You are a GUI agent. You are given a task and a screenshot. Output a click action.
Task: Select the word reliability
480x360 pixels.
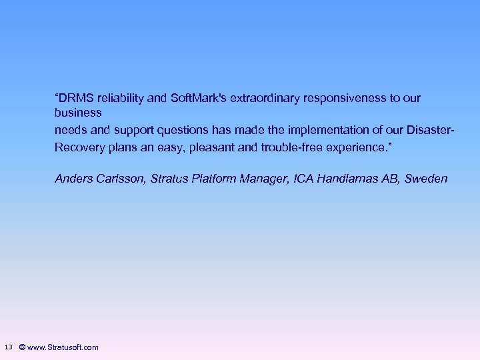122,98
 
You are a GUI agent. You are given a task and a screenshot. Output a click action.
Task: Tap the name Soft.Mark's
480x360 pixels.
199,98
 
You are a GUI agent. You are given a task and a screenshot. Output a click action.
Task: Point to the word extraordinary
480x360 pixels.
265,98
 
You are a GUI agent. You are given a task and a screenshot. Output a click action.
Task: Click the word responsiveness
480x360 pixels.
346,98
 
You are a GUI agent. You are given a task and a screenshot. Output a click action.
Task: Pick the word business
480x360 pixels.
78,113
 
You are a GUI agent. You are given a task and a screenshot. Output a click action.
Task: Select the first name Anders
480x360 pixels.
73,179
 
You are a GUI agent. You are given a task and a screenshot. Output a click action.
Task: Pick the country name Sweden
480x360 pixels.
426,179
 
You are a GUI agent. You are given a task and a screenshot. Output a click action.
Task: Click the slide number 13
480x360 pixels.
8,347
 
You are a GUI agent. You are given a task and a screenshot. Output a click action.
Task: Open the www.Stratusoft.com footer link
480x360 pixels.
63,347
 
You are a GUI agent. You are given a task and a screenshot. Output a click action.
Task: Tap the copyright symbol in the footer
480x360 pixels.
23,347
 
